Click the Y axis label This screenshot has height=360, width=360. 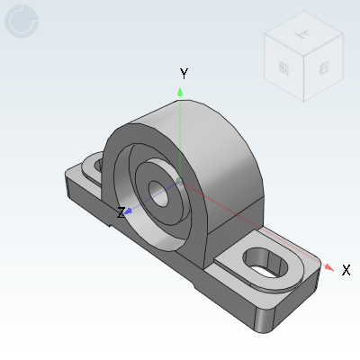pyautogui.click(x=183, y=73)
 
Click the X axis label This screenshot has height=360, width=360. pyautogui.click(x=346, y=270)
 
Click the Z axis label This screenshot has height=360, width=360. pyautogui.click(x=120, y=213)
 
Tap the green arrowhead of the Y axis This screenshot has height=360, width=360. pyautogui.click(x=181, y=91)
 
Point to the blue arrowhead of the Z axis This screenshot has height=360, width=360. pyautogui.click(x=130, y=211)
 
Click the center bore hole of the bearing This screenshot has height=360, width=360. pyautogui.click(x=159, y=190)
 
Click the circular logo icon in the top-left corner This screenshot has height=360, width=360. pyautogui.click(x=22, y=22)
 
